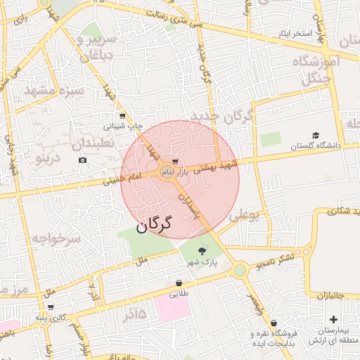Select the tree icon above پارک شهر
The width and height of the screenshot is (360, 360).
(203, 251)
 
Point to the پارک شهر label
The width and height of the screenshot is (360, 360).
(202, 262)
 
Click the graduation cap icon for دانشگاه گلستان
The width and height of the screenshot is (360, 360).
(316, 135)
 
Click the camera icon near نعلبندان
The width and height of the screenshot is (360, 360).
(83, 160)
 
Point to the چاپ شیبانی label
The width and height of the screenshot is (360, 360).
(123, 127)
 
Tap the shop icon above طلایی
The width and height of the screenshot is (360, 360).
(180, 283)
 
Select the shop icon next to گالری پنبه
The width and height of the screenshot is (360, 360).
(51, 307)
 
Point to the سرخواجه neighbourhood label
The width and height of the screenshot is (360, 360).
(56, 239)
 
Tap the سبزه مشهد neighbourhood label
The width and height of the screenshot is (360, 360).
(54, 91)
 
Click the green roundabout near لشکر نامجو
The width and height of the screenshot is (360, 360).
(240, 269)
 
